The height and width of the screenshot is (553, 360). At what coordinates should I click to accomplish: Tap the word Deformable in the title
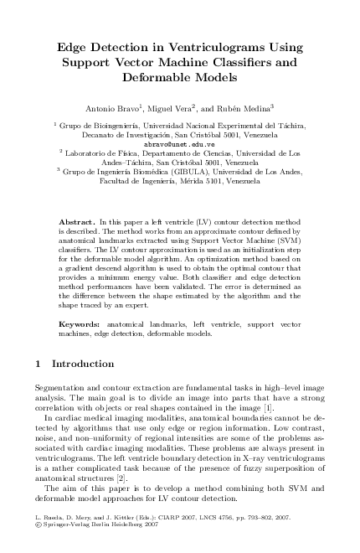(x=179, y=77)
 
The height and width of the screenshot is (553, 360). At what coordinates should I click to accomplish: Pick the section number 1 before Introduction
(x=40, y=364)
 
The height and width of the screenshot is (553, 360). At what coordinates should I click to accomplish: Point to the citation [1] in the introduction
(x=268, y=407)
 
